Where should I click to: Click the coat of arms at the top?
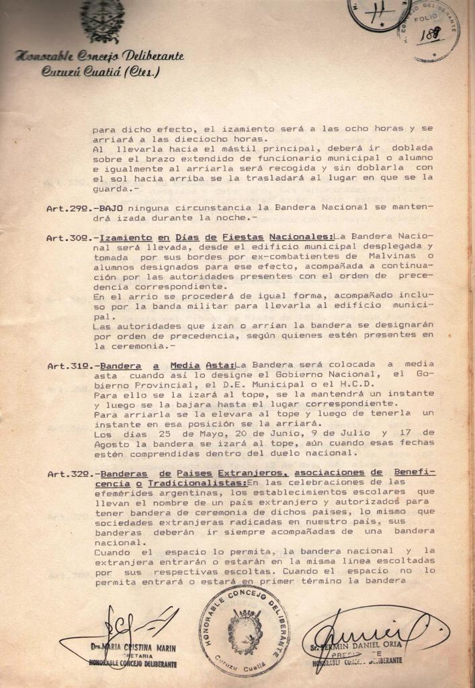102,21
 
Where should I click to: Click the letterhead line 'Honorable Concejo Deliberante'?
99,56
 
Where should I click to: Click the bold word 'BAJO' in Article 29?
111,209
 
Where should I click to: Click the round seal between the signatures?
244,630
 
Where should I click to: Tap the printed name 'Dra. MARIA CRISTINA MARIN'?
132,648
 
